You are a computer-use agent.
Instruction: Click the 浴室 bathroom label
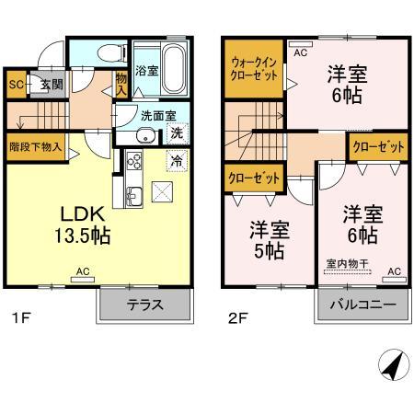click(x=146, y=69)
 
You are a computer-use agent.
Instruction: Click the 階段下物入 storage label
click(x=35, y=145)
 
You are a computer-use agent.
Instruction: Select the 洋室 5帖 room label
click(x=266, y=238)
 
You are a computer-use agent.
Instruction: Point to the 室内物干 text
click(x=347, y=264)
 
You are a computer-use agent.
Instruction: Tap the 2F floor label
click(x=239, y=321)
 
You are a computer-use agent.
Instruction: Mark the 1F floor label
click(x=21, y=321)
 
